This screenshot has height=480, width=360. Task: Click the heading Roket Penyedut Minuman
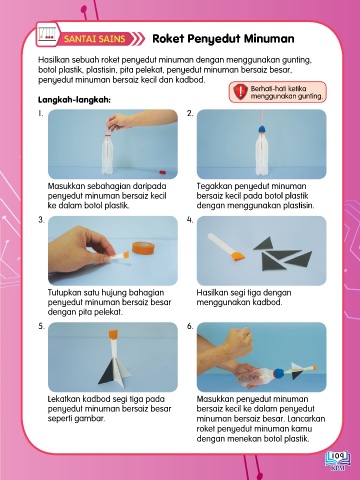pos(223,39)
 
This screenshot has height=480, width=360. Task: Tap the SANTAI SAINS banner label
pos(94,39)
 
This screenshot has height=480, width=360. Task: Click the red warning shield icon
pos(240,92)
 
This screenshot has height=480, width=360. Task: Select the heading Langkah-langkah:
pos(74,100)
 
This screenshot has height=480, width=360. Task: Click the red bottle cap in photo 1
pos(162,172)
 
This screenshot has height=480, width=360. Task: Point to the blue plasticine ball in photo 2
pos(261,129)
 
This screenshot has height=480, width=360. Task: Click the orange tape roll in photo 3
pos(144,248)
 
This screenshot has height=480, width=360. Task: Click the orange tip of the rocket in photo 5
pos(113,334)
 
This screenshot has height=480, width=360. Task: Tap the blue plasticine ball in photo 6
pos(279,372)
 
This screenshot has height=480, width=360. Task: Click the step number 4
pos(190,220)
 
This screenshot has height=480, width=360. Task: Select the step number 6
pos(190,326)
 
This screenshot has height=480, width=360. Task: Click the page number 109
pos(337,455)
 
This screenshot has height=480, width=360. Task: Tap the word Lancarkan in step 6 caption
pos(306,419)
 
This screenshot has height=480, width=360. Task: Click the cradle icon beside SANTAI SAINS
pos(47,34)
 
